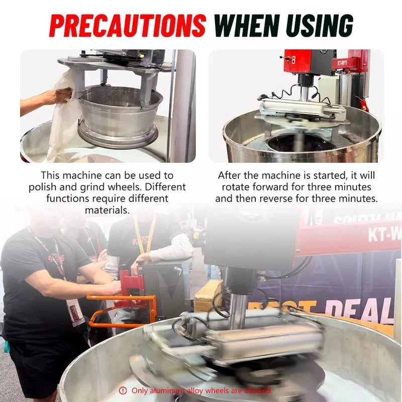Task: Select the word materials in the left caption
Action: pos(106,210)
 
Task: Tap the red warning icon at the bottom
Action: pos(123,390)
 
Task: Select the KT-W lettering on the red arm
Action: pos(384,235)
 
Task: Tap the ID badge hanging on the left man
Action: pos(75,311)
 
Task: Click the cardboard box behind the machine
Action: pos(207,296)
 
